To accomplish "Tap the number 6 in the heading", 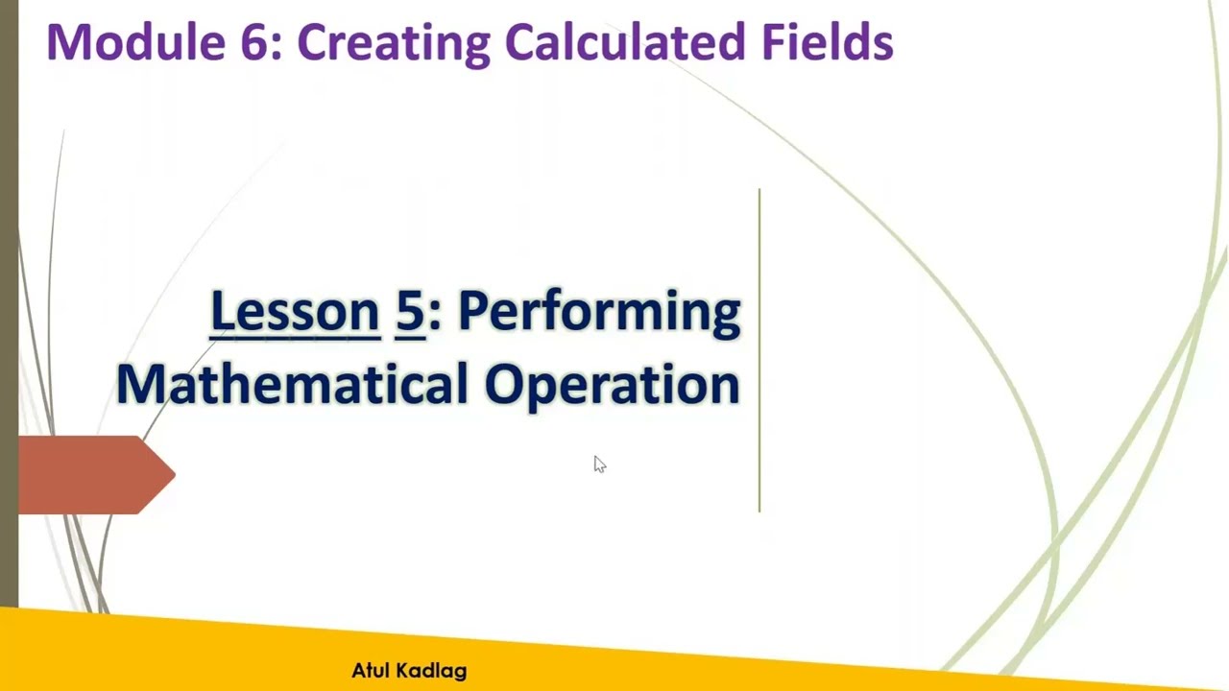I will pyautogui.click(x=257, y=42).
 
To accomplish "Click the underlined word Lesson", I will pyautogui.click(x=295, y=312).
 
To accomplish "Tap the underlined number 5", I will pyautogui.click(x=410, y=312).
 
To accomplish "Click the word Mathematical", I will pyautogui.click(x=292, y=384).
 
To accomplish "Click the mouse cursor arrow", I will pyautogui.click(x=598, y=465).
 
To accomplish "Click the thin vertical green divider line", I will pyautogui.click(x=759, y=350).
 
